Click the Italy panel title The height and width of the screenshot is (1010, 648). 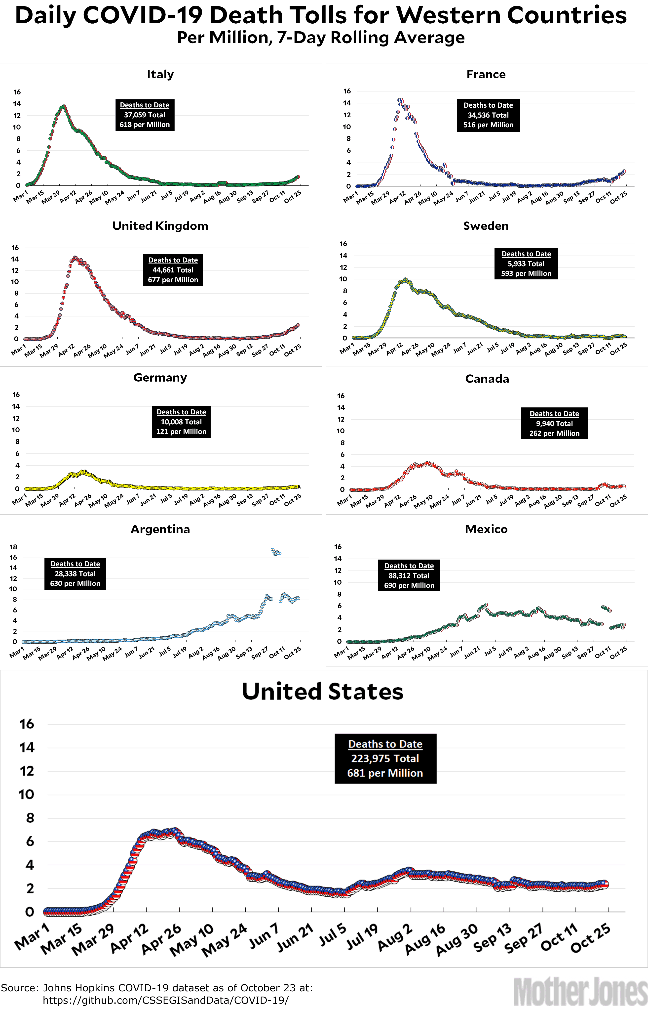pos(160,75)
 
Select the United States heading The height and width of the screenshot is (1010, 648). pos(322,692)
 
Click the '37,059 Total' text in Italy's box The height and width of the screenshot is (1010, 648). pos(144,115)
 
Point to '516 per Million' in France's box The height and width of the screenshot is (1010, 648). pos(488,125)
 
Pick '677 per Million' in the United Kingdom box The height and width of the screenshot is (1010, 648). pos(173,280)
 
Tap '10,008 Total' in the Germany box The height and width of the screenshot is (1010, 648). pos(181,422)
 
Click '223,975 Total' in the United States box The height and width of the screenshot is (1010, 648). pos(385,759)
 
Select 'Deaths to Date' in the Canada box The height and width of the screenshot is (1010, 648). pos(554,414)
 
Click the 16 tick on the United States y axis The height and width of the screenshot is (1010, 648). pos(27,724)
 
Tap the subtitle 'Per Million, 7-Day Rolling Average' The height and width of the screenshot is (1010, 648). pos(321,38)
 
